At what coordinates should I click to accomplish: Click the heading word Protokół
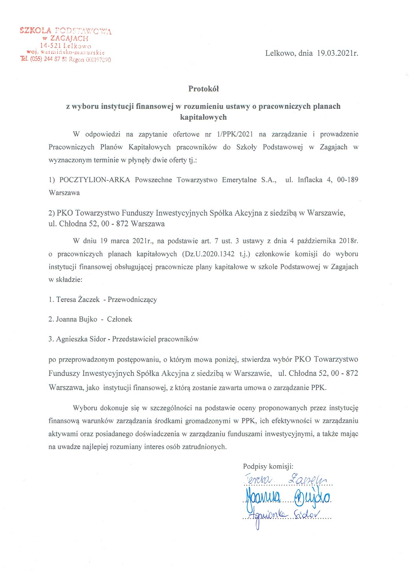203,89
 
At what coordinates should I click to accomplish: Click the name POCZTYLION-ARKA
95,180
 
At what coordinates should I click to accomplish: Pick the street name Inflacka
310,180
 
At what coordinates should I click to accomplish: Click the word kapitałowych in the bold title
203,117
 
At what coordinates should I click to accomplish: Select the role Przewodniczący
132,300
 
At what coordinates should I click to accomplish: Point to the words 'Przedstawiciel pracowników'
155,339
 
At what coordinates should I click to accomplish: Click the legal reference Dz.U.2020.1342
208,254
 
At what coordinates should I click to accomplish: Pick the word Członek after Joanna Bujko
119,319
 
